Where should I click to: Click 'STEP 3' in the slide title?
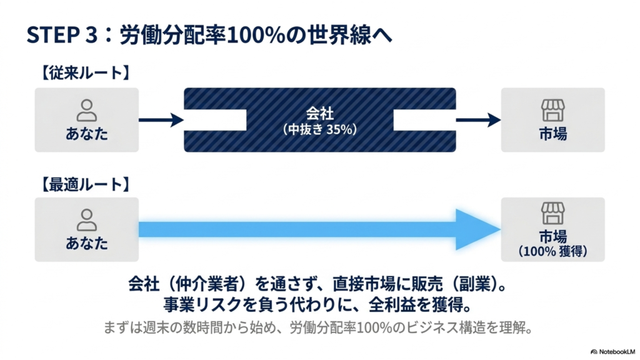62,35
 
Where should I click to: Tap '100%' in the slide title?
255,35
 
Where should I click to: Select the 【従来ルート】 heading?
85,73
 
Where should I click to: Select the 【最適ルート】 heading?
85,184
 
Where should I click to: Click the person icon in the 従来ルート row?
86,110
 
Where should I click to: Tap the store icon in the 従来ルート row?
552,110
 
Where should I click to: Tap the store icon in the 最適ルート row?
552,213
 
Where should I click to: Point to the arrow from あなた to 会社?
161,120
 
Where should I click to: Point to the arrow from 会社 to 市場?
478,120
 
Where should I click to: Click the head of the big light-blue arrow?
478,229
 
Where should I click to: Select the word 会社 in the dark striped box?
320,113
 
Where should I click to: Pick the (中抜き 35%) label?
320,129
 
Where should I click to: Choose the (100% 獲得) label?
552,251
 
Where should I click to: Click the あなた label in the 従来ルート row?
86,134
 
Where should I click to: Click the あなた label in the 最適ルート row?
86,243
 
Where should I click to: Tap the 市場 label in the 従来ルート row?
552,134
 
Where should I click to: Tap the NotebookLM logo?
612,352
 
